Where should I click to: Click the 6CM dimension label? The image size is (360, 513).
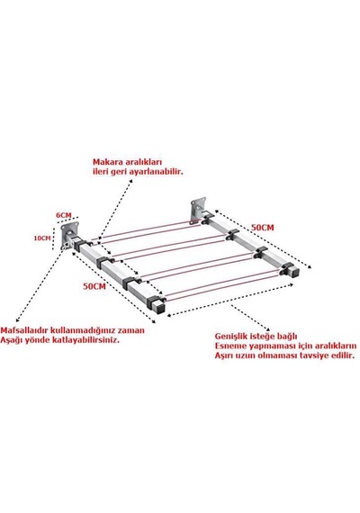click(x=64, y=215)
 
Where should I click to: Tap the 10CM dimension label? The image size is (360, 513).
click(x=42, y=238)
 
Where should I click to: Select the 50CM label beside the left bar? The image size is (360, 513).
click(x=94, y=286)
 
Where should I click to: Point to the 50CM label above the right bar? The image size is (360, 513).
click(x=262, y=228)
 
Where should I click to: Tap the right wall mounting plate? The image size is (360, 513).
click(x=198, y=209)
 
